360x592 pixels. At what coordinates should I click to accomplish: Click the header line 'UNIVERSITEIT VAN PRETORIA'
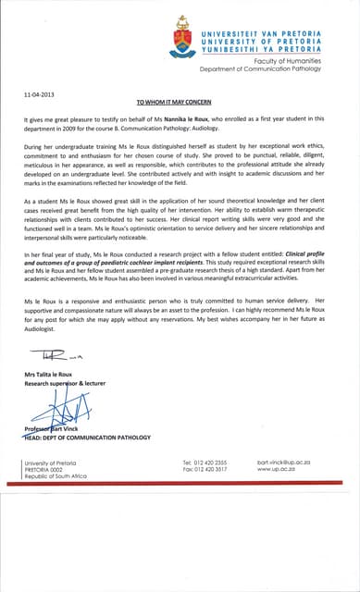(278, 18)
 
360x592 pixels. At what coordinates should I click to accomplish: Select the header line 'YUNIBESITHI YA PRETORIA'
(278, 41)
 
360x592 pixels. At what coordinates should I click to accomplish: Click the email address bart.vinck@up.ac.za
(290, 461)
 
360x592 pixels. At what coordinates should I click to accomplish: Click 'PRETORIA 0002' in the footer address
(47, 469)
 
